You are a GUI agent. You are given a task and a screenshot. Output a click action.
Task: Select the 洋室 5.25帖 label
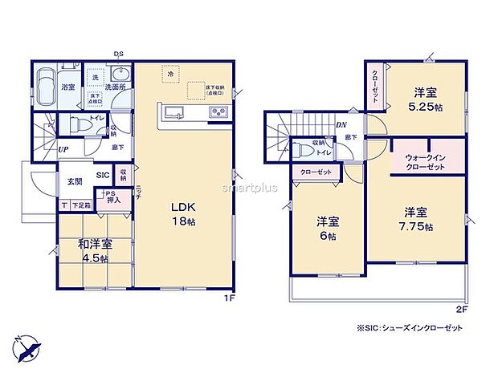coord(426,98)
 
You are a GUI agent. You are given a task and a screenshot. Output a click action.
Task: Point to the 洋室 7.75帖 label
coord(417,218)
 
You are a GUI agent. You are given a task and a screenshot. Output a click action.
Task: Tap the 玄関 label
coord(75,181)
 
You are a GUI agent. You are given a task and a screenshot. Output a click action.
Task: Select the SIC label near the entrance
coord(104,175)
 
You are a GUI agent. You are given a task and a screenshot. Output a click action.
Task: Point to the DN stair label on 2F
coord(341,125)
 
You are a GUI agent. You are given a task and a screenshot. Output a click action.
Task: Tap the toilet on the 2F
coord(303,150)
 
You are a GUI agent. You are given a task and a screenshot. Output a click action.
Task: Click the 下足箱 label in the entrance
coord(83,206)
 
